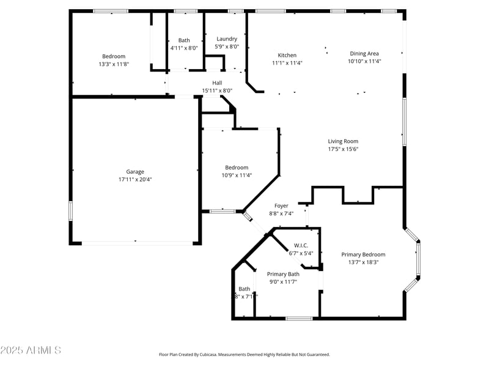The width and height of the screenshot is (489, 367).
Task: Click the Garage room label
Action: coord(135,172)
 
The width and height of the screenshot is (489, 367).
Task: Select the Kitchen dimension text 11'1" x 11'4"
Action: coord(287,63)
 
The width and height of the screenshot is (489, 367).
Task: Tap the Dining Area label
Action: coord(364,53)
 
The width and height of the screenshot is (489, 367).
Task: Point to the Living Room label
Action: coord(343,141)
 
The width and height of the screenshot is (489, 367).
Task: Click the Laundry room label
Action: coord(227,39)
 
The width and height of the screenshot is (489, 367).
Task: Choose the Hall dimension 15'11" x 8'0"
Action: coord(217,91)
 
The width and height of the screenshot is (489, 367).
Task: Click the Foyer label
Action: coord(281,206)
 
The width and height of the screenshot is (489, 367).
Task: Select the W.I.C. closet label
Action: coord(301,245)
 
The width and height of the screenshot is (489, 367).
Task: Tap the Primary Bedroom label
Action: coord(363,254)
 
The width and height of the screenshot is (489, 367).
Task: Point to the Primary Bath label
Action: coord(283,274)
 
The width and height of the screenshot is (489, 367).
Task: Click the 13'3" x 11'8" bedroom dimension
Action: coord(114,64)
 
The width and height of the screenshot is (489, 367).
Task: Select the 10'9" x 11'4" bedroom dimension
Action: coord(237,176)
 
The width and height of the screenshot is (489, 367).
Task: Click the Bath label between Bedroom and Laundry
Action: coord(184,40)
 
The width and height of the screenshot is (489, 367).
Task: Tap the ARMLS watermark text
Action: coord(31,350)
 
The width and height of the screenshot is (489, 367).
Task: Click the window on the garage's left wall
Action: coord(71,211)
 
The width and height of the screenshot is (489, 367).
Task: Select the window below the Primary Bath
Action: coord(299,318)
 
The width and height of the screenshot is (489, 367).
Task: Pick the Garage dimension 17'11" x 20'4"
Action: coord(135,180)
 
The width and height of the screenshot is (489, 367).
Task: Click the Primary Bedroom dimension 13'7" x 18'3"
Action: coord(363,262)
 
